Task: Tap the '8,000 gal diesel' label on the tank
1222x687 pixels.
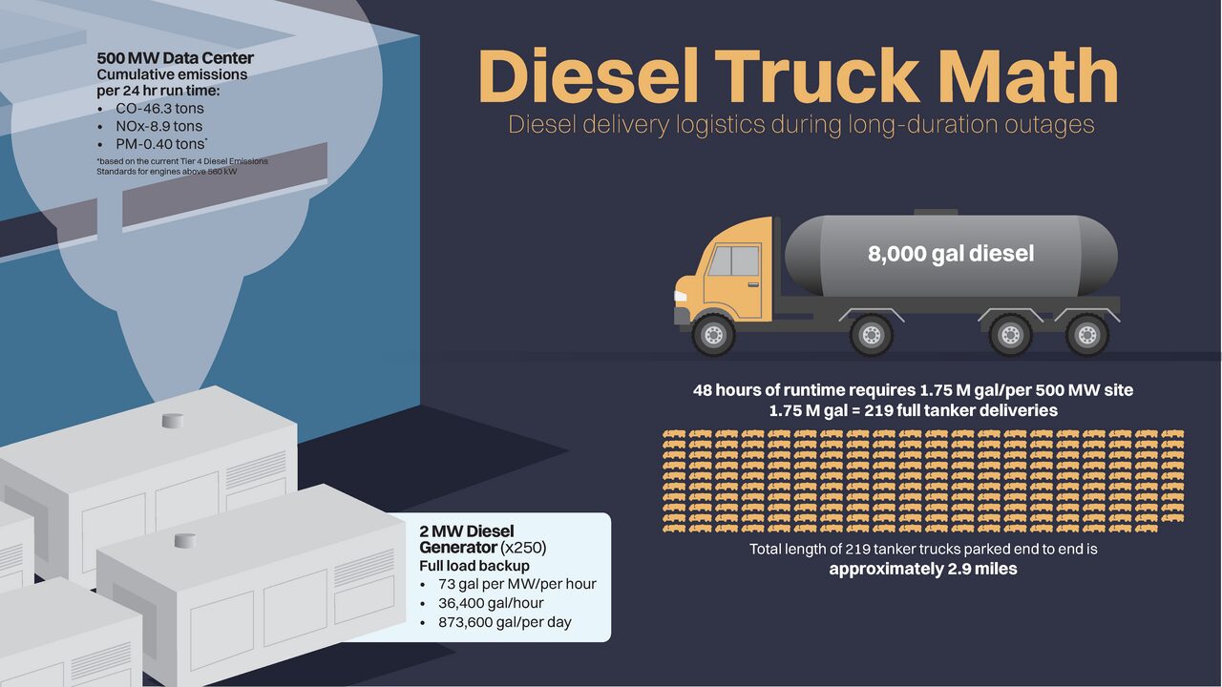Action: click(x=950, y=254)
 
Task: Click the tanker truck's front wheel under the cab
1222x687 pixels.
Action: click(x=712, y=335)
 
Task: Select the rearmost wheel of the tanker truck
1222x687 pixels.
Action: click(x=1085, y=335)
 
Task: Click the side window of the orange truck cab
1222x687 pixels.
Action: click(x=733, y=261)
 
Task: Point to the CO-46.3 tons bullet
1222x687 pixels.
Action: click(x=159, y=109)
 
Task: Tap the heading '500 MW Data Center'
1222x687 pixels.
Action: click(x=175, y=59)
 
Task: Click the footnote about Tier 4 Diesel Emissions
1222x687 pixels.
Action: click(x=181, y=166)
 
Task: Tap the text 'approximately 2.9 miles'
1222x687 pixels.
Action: click(x=922, y=569)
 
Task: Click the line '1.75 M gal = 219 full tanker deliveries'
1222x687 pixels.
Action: click(x=913, y=410)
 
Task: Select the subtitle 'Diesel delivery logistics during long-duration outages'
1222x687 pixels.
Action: click(x=800, y=125)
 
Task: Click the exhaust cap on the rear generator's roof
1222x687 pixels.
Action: click(x=172, y=421)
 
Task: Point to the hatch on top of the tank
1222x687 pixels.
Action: click(x=935, y=212)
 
